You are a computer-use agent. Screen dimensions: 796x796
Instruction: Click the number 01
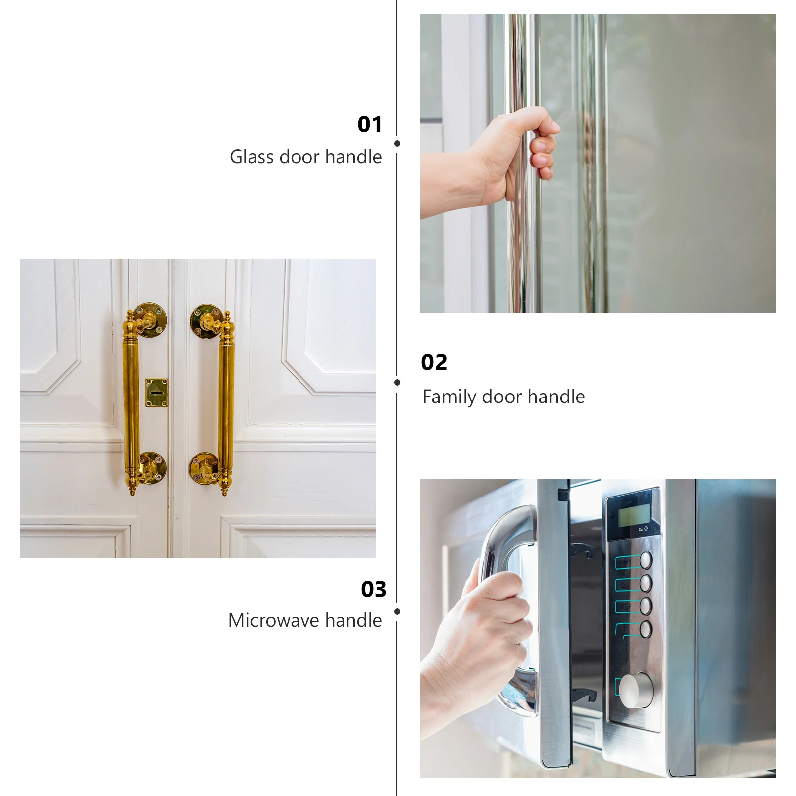point(370,124)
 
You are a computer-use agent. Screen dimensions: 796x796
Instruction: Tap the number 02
point(434,362)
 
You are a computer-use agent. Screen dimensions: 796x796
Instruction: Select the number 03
point(373,589)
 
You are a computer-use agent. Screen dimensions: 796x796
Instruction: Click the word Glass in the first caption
point(252,157)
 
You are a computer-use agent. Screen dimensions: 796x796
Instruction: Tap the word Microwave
point(275,620)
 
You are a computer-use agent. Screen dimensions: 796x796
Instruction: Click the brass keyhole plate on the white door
point(156,393)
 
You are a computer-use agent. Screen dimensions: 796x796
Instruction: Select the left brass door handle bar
point(131,403)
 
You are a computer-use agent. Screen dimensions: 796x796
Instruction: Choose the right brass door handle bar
point(226,403)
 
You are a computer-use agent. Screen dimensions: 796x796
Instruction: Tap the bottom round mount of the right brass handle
point(203,468)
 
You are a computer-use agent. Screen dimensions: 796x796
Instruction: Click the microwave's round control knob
point(636,690)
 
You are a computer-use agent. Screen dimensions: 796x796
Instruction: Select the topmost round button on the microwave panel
point(646,560)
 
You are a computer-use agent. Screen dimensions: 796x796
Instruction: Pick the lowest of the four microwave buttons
point(646,629)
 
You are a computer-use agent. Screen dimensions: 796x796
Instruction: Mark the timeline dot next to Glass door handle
point(397,144)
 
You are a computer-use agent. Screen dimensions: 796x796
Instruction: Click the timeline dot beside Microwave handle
point(397,611)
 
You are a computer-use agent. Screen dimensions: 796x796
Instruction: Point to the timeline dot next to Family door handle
point(397,382)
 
